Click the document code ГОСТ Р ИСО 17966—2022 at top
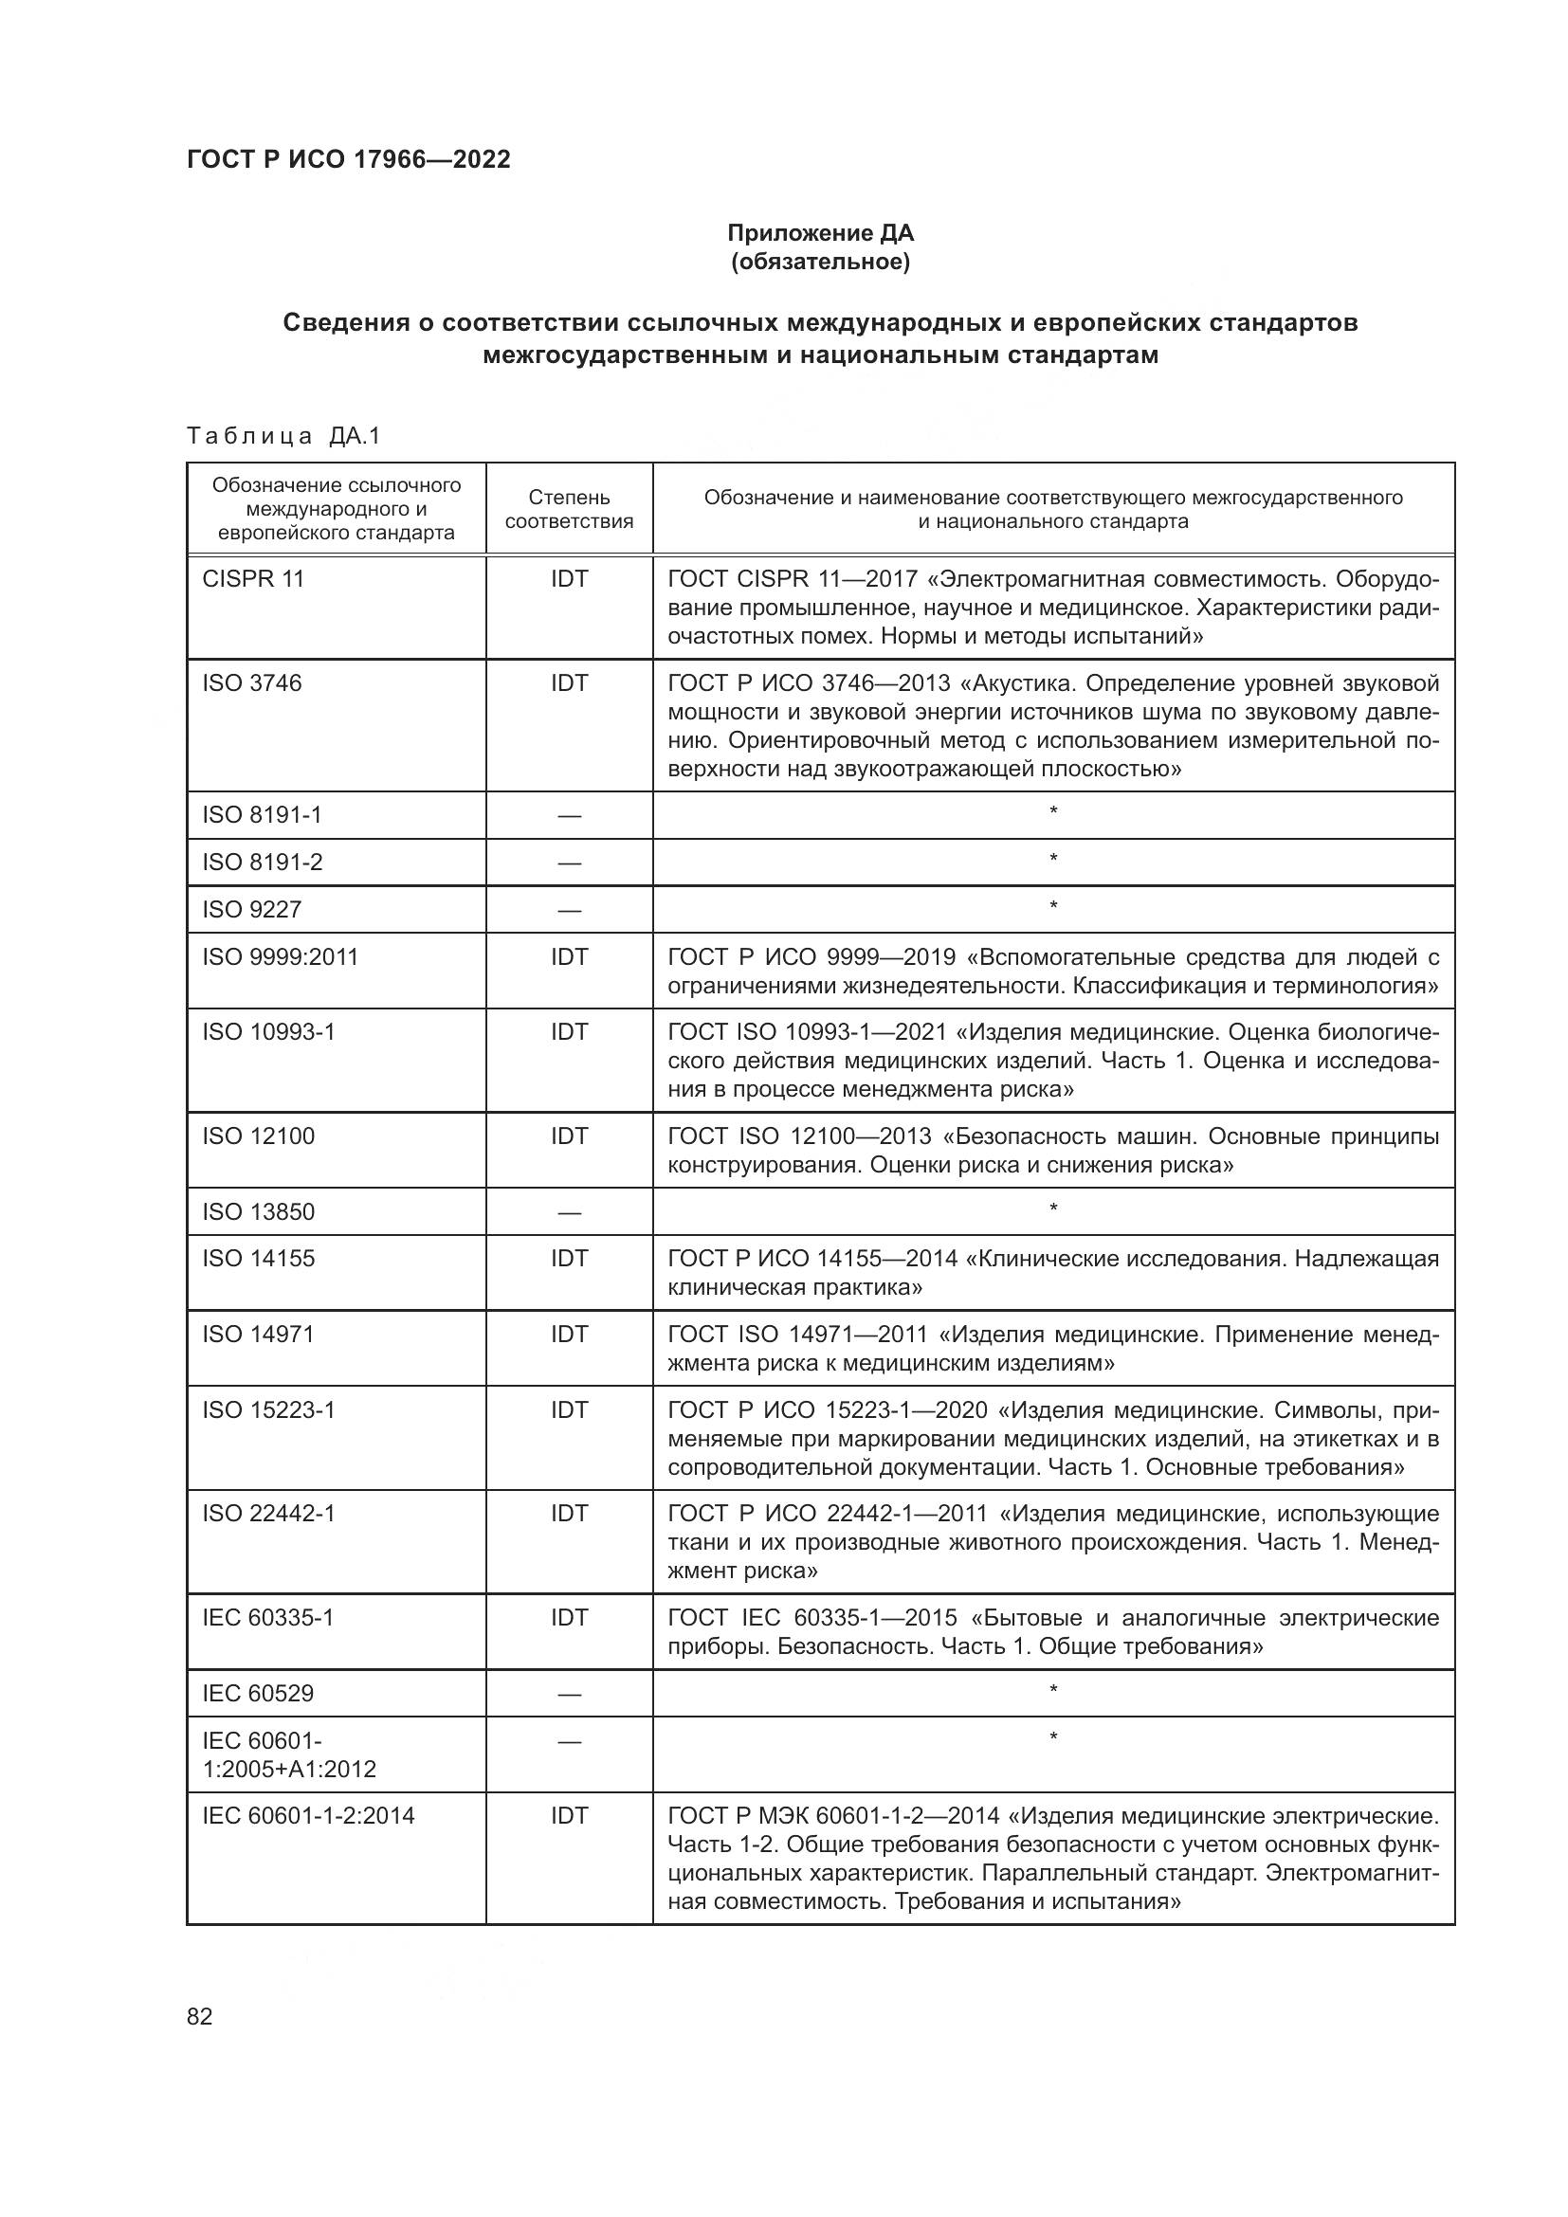pos(348,159)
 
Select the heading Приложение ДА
pos(820,233)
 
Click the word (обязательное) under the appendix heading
pos(820,262)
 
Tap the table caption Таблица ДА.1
pos(283,436)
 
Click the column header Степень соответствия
pos(569,509)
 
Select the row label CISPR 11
pos(253,578)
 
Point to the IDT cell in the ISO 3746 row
pos(569,682)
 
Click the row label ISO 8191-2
pos(262,862)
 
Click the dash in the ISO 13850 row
pos(569,1213)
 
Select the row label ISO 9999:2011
pos(280,957)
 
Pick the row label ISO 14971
pos(258,1334)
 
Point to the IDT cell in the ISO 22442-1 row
pos(569,1513)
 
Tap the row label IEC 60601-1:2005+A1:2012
pos(288,1754)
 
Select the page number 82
pos(200,2016)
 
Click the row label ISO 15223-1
pos(268,1409)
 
